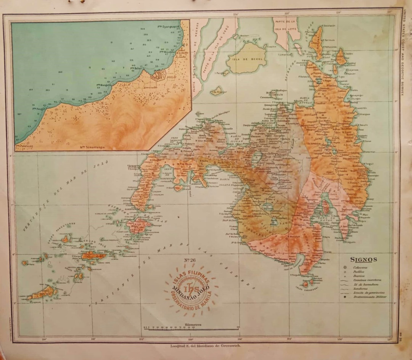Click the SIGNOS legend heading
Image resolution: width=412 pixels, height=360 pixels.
(365, 259)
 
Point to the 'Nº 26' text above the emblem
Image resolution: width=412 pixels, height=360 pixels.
(190, 261)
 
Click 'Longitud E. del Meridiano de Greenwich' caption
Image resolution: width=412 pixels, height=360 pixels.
(202, 346)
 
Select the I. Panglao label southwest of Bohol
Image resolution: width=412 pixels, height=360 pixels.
(220, 73)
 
